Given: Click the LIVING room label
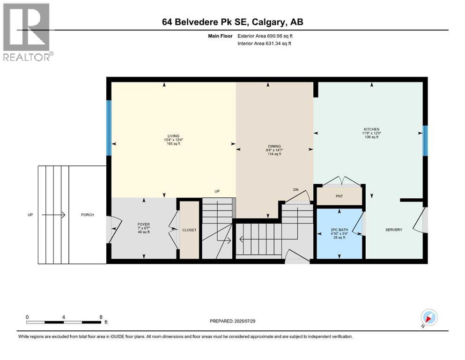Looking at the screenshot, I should pyautogui.click(x=172, y=136).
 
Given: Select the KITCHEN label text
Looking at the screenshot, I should pyautogui.click(x=371, y=129).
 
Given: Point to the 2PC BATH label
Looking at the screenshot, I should pyautogui.click(x=339, y=230).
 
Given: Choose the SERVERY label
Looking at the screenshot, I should pyautogui.click(x=393, y=230).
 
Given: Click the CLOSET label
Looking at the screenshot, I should pyautogui.click(x=190, y=230).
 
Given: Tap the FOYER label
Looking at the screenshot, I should pyautogui.click(x=143, y=225).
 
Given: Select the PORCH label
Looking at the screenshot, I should pyautogui.click(x=87, y=215).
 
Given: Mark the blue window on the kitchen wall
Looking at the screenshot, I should pyautogui.click(x=425, y=141).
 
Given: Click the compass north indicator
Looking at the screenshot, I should pyautogui.click(x=429, y=318).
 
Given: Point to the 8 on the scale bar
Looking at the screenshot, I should pyautogui.click(x=101, y=317).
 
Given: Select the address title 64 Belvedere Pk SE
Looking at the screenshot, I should pyautogui.click(x=232, y=22).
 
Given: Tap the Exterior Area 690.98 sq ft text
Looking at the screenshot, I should pyautogui.click(x=266, y=36).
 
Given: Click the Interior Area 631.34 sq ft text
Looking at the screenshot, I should pyautogui.click(x=265, y=44).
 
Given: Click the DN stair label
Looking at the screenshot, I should pyautogui.click(x=295, y=189).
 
